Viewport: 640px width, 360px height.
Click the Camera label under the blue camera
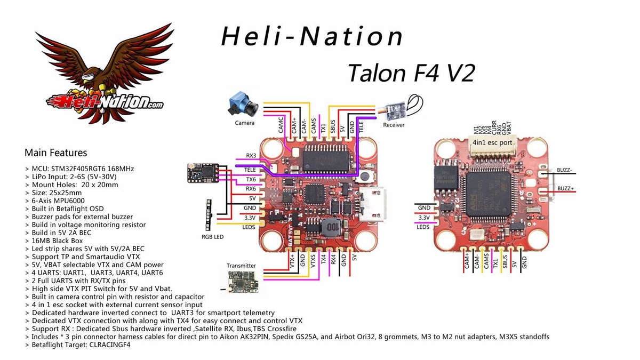click(x=245, y=123)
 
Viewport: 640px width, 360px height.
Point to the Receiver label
click(x=394, y=125)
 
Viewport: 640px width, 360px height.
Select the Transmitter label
click(x=241, y=266)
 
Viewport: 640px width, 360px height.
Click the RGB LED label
click(x=212, y=237)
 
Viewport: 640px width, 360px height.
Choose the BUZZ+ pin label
click(x=566, y=188)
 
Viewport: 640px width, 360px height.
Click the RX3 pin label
click(x=251, y=156)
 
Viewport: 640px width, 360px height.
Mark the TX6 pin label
click(x=250, y=179)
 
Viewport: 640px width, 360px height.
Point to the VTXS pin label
click(x=313, y=261)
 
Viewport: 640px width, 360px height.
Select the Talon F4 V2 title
click(x=411, y=73)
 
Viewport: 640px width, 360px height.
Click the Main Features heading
click(x=55, y=153)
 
